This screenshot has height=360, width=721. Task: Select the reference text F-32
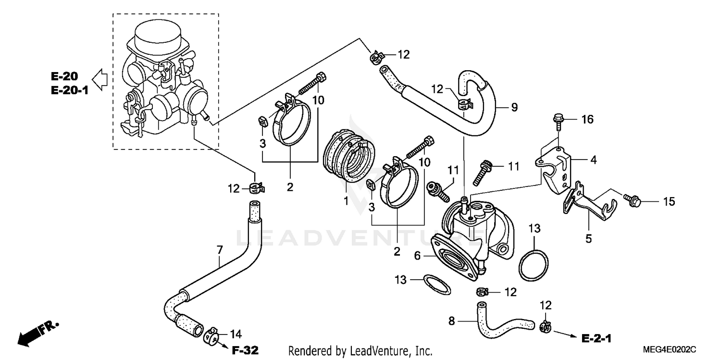point(246,350)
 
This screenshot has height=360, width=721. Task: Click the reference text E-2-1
point(596,338)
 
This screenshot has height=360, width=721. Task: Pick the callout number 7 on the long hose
point(220,250)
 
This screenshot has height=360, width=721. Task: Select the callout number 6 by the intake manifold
point(417,257)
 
